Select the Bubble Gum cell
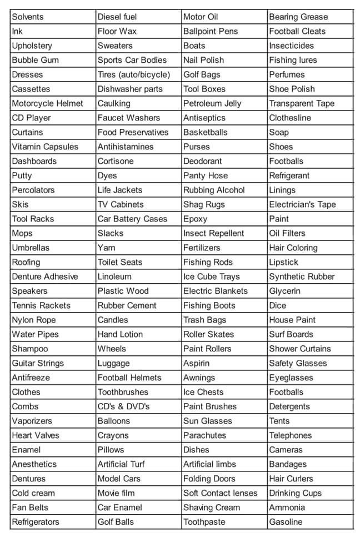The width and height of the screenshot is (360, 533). click(35, 60)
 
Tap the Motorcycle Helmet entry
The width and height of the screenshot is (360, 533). click(47, 103)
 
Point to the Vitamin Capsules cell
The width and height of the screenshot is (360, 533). click(45, 147)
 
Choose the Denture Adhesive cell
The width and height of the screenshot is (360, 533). click(45, 276)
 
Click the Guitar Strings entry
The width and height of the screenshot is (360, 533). click(38, 363)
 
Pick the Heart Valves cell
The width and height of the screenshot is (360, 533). click(36, 435)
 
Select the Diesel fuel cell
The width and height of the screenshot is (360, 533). click(117, 17)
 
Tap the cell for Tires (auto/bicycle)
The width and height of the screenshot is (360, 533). click(134, 74)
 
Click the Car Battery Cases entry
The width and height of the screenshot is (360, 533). click(132, 219)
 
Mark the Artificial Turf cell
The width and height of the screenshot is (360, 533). click(121, 464)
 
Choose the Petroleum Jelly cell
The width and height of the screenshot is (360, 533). click(212, 103)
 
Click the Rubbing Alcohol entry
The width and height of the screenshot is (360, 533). click(214, 190)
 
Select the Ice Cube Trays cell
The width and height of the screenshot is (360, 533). click(212, 276)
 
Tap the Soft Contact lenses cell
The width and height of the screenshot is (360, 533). click(221, 493)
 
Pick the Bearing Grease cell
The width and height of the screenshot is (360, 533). click(298, 17)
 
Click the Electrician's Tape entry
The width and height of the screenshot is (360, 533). click(302, 204)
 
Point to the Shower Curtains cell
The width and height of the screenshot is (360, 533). click(299, 349)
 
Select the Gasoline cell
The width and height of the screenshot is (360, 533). click(286, 522)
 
